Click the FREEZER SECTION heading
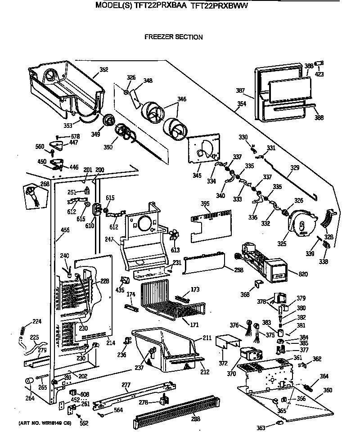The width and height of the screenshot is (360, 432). (173, 37)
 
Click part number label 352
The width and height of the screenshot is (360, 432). (104, 69)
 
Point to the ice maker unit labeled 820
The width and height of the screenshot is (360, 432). (261, 263)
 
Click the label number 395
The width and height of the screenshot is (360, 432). (205, 204)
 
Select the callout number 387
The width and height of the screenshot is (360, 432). (240, 90)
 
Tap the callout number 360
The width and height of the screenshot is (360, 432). (328, 390)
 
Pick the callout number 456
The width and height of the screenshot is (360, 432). (65, 230)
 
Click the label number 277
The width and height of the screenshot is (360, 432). (126, 385)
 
